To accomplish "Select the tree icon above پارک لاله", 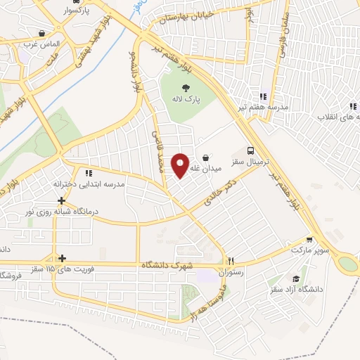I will click(186, 88).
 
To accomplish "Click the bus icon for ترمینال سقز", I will click(251, 150).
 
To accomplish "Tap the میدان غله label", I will click(212, 169).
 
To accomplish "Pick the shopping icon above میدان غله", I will click(205, 157).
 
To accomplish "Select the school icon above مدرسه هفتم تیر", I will click(263, 96).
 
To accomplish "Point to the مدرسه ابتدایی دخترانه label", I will click(89, 184).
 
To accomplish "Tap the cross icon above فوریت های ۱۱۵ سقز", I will click(63, 258).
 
